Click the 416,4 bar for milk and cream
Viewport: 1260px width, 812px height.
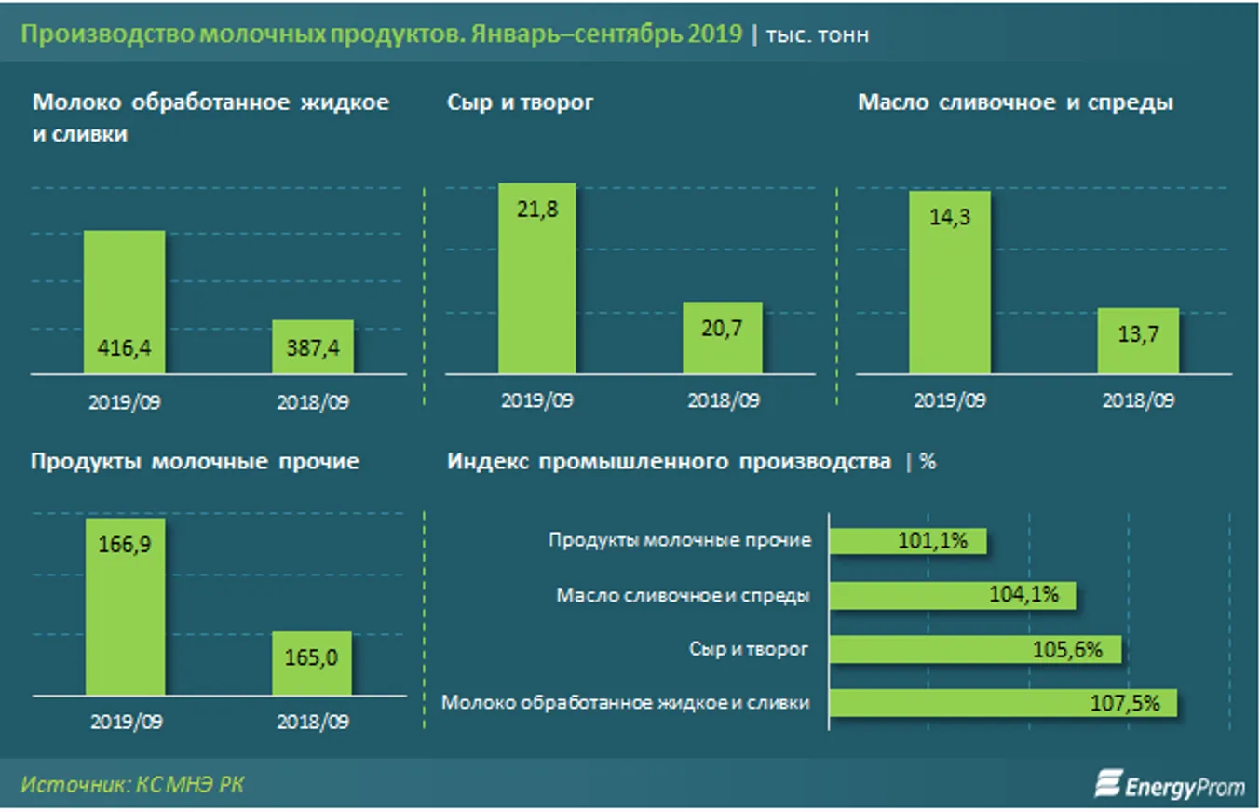[x=125, y=303]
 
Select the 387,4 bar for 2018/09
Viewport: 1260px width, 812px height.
[x=312, y=347]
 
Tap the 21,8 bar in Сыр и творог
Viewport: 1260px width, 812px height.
[x=536, y=279]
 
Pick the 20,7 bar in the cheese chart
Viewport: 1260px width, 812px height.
[x=723, y=339]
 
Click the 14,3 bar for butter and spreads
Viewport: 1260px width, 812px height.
[x=950, y=282]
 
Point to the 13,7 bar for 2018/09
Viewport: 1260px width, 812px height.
[x=1138, y=342]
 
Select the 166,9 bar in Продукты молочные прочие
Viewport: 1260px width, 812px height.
[x=125, y=605]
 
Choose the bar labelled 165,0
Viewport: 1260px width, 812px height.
[x=312, y=663]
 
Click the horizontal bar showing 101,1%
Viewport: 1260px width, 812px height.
[x=907, y=541]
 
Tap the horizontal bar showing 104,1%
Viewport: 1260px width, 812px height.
[x=952, y=595]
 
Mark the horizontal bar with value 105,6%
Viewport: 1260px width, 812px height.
[x=974, y=650]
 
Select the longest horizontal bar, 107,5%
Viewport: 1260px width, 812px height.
[x=1002, y=703]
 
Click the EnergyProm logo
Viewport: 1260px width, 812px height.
[x=1170, y=786]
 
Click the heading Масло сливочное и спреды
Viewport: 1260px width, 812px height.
[x=1015, y=103]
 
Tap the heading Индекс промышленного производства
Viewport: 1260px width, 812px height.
[x=669, y=462]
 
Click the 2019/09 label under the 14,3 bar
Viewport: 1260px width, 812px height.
[x=950, y=401]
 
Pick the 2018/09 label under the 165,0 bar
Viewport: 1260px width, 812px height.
[x=312, y=722]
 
